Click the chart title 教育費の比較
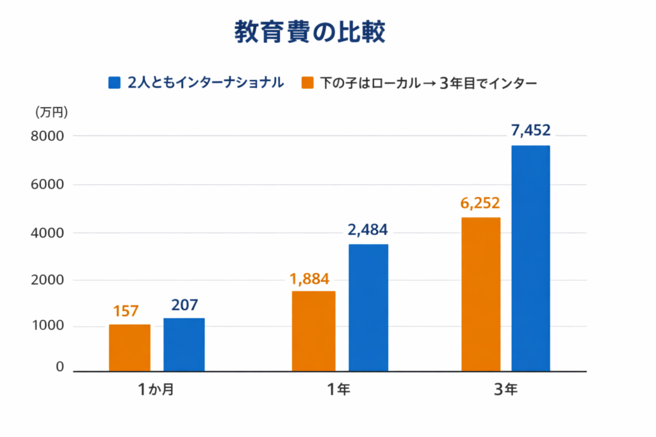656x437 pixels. [309, 32]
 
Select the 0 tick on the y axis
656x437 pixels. [60, 367]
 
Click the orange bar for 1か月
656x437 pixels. [129, 347]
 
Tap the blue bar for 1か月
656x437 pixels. [184, 344]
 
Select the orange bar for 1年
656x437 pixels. [313, 331]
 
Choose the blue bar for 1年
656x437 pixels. [368, 307]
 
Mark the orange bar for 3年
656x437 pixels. [480, 294]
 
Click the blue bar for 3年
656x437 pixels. [530, 258]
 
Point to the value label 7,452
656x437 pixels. [530, 131]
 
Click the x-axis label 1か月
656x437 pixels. [156, 390]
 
